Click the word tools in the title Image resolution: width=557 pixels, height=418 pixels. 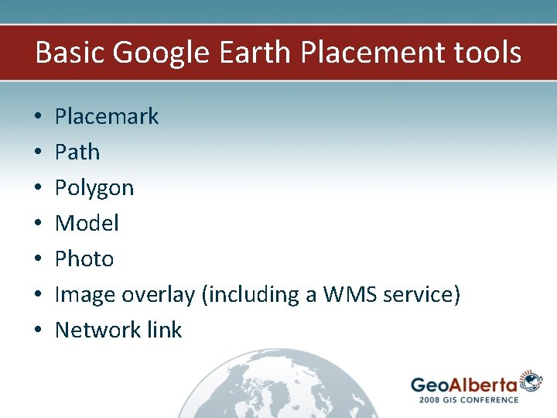click(487, 53)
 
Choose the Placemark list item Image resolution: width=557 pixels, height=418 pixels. click(107, 116)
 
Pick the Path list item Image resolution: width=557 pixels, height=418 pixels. click(77, 152)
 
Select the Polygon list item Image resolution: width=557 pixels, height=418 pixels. click(94, 188)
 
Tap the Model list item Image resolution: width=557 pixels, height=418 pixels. click(87, 223)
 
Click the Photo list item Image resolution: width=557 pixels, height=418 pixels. click(84, 259)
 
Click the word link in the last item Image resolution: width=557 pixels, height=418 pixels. click(163, 330)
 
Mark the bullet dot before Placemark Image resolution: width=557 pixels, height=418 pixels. click(37, 117)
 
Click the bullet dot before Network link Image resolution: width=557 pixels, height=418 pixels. click(37, 331)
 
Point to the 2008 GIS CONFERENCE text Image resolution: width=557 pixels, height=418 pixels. click(468, 399)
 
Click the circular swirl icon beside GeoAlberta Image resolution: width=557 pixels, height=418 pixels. click(531, 380)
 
